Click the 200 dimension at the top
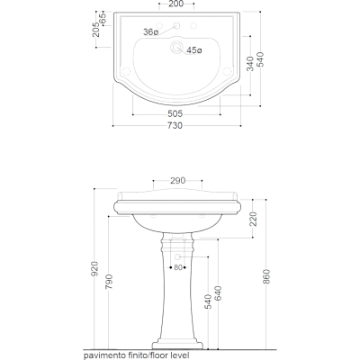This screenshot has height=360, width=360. pos(176,4)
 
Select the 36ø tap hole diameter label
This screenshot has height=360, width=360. pos(150,32)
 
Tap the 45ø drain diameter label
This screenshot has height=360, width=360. pos(194,50)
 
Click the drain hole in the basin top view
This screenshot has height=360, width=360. pos(176,47)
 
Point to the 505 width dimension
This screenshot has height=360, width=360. pos(175,114)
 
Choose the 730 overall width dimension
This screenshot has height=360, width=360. pos(175,125)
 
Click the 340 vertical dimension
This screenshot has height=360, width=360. pos(250,64)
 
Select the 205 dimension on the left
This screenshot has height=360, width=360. pos(96,30)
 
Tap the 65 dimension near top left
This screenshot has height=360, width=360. pos(103,18)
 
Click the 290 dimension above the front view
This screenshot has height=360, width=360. pos(178,181)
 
